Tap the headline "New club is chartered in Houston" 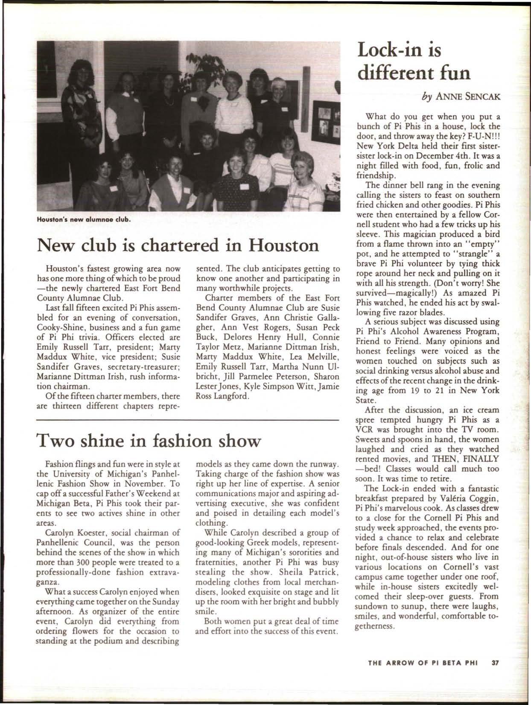(x=178, y=245)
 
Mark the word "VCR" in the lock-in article (x=365, y=431)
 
